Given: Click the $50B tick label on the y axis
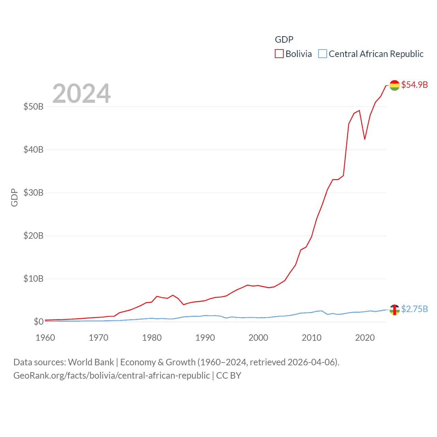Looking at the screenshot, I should click(x=33, y=107).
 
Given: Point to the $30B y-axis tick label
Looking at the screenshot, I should click(x=33, y=193).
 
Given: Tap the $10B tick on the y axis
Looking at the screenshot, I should click(x=33, y=279).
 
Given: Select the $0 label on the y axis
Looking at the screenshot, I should click(x=39, y=322).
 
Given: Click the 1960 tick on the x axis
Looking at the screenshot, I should click(x=45, y=338).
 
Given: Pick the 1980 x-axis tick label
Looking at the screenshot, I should click(x=152, y=338).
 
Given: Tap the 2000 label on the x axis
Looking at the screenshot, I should click(x=258, y=338).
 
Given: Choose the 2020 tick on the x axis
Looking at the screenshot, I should click(x=365, y=338).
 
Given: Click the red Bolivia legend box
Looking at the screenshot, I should click(x=279, y=54).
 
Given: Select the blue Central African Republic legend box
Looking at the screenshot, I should click(x=323, y=54).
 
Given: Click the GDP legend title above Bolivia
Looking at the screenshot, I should click(x=284, y=40).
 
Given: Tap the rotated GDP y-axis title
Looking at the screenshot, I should click(x=14, y=197).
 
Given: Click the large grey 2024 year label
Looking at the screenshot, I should click(x=82, y=93).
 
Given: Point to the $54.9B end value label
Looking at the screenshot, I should click(x=414, y=85).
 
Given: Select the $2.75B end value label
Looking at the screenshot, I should click(x=414, y=309).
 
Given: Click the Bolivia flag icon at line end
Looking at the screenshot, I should click(x=395, y=85).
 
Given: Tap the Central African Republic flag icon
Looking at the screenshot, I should click(x=395, y=310).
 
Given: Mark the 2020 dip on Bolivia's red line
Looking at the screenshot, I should click(x=365, y=139).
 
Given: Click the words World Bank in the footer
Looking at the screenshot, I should click(x=91, y=362).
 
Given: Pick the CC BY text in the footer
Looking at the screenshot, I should click(x=229, y=376).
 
